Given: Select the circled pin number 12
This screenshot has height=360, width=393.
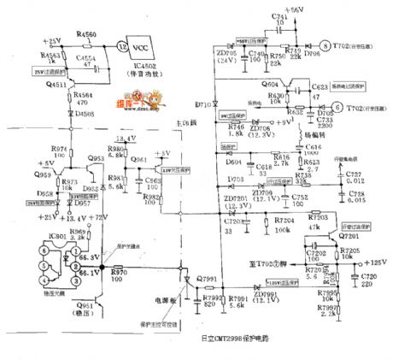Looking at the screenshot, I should (x=124, y=45).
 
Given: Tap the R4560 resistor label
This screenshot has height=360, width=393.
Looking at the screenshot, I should (x=87, y=33).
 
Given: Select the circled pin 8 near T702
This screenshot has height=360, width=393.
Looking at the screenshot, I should (x=324, y=44).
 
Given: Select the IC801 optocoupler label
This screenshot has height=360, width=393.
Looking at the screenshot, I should (x=34, y=235).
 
